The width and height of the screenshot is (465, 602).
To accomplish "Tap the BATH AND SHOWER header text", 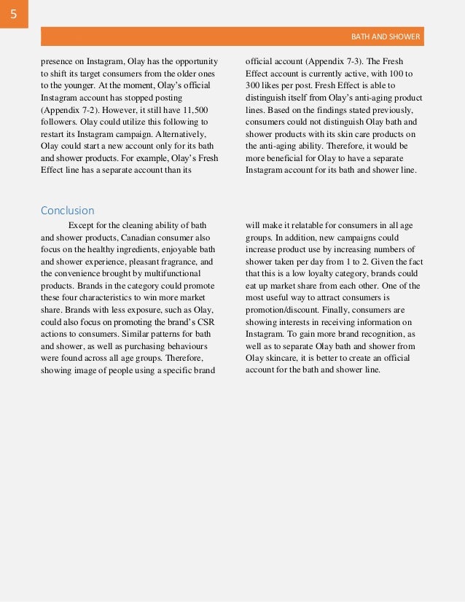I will tap(386, 36).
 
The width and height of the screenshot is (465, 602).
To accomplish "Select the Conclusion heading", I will tap(67, 211).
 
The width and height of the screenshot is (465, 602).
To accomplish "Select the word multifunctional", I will tap(176, 273).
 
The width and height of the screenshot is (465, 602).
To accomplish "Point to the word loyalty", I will tap(323, 273).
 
